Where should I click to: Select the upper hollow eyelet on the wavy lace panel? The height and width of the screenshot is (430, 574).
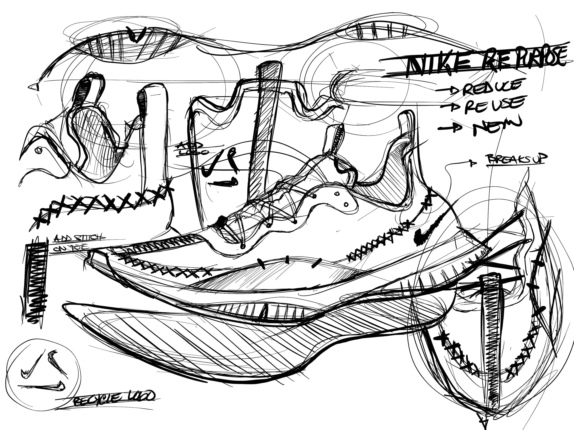pyautogui.click(x=337, y=194)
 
